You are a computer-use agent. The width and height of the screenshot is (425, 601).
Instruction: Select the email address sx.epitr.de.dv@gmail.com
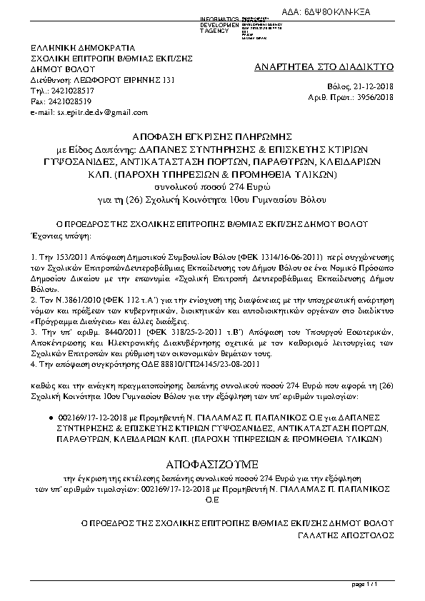click(102, 112)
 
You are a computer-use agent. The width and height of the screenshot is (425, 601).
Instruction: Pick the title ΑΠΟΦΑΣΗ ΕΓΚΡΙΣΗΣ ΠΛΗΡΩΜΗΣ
click(212, 135)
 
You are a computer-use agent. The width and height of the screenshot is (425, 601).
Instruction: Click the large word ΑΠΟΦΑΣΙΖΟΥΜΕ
click(212, 454)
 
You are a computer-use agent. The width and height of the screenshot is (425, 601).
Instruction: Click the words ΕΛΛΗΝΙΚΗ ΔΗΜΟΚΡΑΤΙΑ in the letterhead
click(79, 47)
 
